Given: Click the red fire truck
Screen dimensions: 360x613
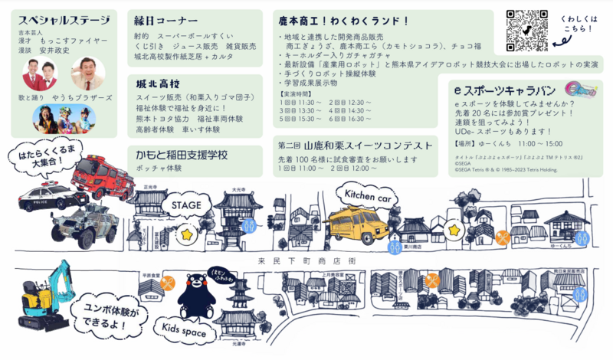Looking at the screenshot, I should (103, 177).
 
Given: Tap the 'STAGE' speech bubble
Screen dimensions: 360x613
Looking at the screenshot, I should (186, 205).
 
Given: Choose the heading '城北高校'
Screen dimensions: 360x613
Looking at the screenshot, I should (153, 82).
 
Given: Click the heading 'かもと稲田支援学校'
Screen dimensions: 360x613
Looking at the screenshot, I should (182, 154).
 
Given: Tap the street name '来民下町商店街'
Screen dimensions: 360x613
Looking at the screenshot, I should (306, 260).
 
